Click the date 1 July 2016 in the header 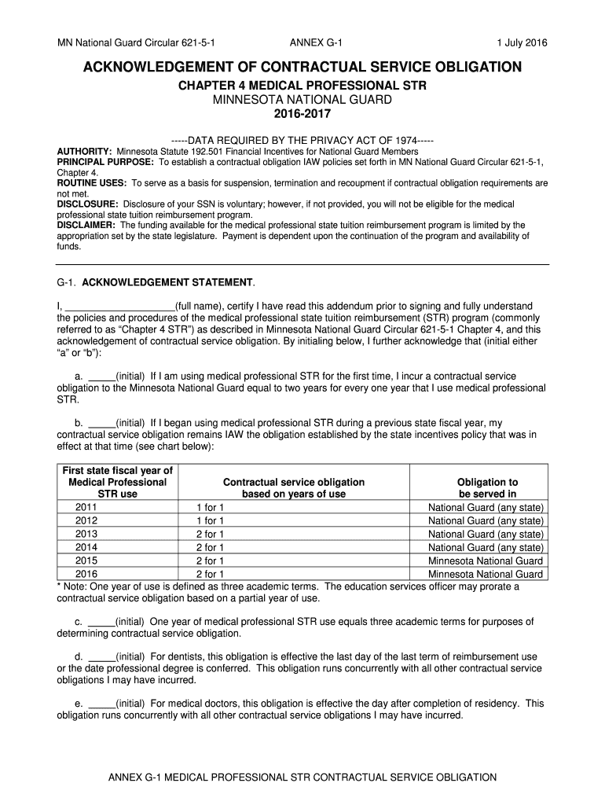[x=522, y=42]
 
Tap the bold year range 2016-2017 [x=302, y=114]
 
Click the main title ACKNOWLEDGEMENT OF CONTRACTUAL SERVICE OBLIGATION [x=302, y=67]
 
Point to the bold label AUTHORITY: [x=85, y=151]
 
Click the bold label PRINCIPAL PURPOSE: [x=106, y=161]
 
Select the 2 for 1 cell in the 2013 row [x=210, y=534]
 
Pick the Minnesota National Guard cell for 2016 [x=486, y=574]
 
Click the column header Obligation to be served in [x=487, y=487]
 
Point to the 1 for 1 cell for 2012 [x=210, y=520]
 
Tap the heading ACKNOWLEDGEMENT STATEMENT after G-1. [x=168, y=281]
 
